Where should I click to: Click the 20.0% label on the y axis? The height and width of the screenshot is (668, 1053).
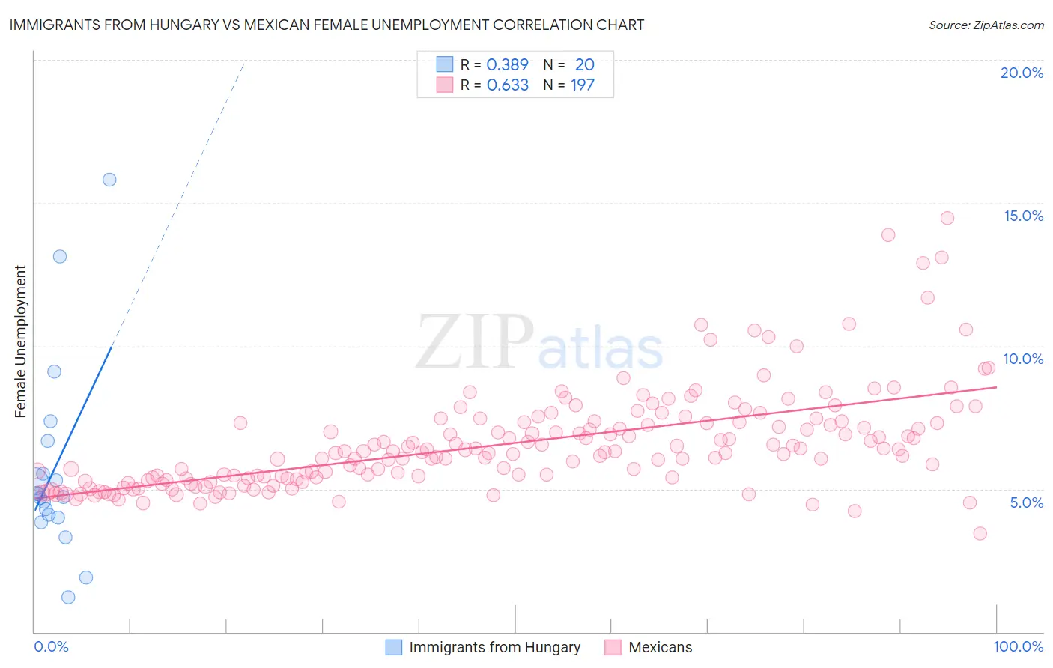click(x=1022, y=73)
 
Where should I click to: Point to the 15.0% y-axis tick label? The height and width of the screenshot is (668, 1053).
click(x=1023, y=216)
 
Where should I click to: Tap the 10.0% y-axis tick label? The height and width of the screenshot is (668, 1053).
click(x=1023, y=359)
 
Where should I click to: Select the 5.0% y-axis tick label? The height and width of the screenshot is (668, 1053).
click(x=1026, y=502)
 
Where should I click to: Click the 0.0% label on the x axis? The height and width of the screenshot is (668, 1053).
click(x=51, y=646)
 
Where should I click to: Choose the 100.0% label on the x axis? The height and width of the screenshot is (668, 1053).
click(x=1018, y=646)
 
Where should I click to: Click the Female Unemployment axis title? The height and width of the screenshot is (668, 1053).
click(x=20, y=341)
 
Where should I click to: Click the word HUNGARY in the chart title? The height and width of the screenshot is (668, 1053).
click(x=183, y=25)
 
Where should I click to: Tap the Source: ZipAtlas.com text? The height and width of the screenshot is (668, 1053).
click(x=986, y=25)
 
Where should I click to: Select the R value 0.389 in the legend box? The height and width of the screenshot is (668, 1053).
click(x=507, y=64)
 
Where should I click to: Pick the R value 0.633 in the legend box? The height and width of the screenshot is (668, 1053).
click(x=507, y=85)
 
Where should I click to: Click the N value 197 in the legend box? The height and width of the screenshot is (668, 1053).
click(x=583, y=85)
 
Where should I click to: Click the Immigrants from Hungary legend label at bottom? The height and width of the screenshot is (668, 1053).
click(x=494, y=647)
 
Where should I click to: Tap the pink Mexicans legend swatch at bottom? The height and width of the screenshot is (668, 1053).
click(x=613, y=647)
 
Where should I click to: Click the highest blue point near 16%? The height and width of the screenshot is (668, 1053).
click(x=109, y=180)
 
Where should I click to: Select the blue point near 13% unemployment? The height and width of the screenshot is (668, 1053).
click(x=60, y=256)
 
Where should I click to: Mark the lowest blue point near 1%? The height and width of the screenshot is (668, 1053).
click(x=68, y=597)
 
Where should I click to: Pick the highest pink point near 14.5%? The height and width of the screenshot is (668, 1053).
click(x=947, y=218)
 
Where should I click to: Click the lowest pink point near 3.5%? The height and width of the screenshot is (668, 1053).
click(x=980, y=533)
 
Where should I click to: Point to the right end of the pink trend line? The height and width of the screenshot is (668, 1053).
click(x=996, y=387)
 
